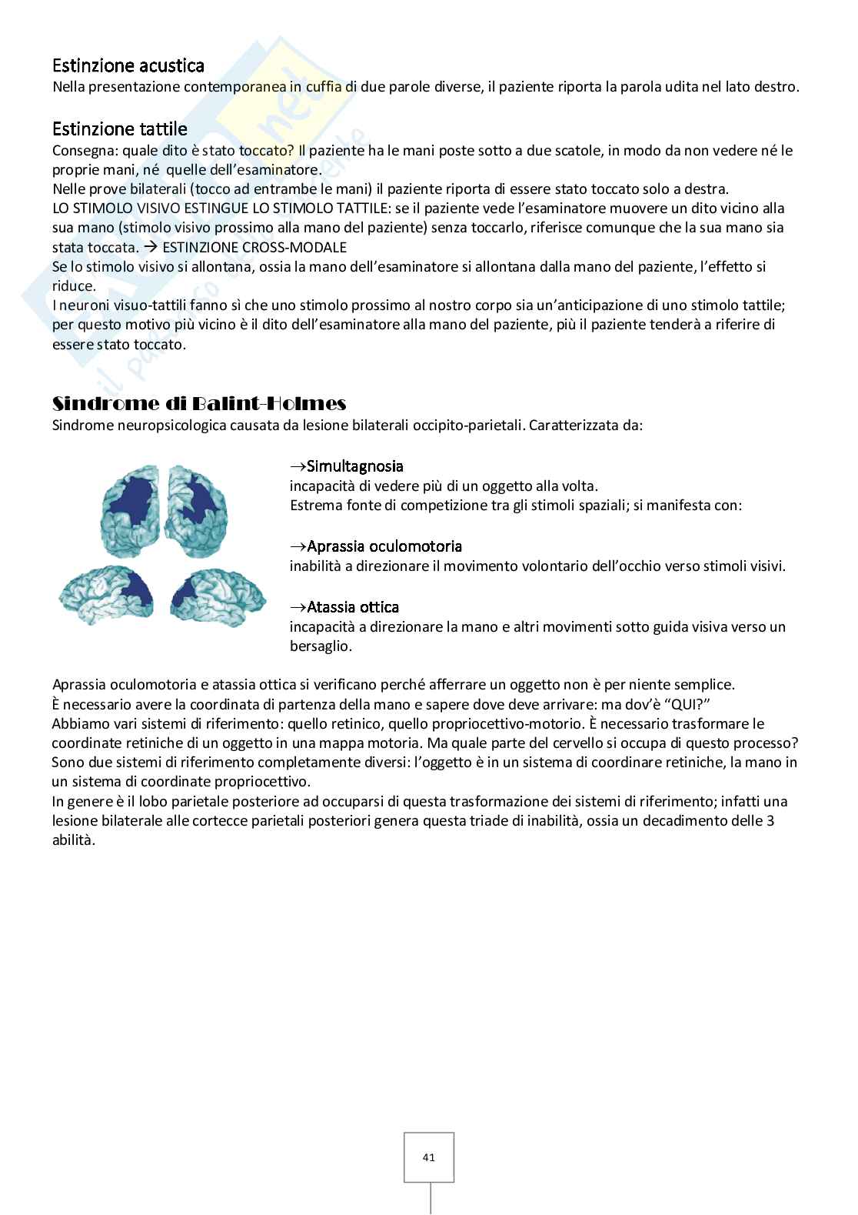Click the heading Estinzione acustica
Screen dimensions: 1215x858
pos(128,66)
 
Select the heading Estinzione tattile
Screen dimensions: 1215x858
pos(119,129)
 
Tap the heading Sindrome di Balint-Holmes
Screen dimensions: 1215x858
pos(199,404)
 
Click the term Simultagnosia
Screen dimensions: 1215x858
pos(354,466)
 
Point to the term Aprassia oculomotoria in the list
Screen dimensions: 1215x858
pos(384,546)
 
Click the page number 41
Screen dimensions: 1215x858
pos(429,1157)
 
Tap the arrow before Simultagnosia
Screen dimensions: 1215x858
pos(298,466)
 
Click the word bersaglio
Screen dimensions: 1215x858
pos(321,646)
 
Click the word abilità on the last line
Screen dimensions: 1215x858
pos(73,840)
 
